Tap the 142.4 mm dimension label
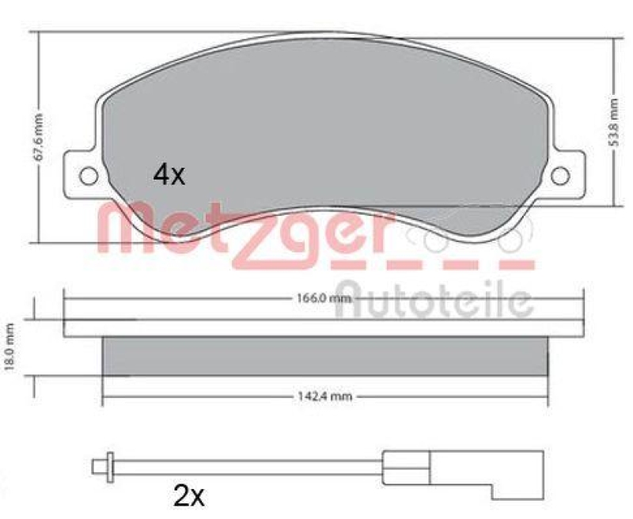324,396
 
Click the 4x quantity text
169,175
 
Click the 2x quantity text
188,496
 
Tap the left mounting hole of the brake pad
89,175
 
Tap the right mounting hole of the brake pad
561,175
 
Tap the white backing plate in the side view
324,327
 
